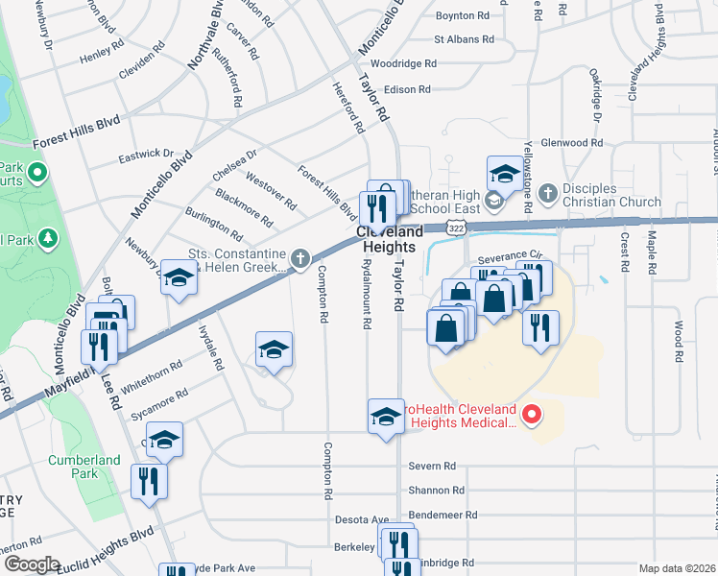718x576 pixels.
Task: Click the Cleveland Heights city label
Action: point(391,240)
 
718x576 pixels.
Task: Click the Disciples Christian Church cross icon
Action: point(548,194)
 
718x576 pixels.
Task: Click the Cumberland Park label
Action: point(85,467)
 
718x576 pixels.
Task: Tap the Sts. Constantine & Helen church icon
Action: point(300,257)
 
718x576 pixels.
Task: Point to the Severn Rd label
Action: point(431,466)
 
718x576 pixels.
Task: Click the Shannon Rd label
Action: point(436,490)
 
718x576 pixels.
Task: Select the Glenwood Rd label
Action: point(571,142)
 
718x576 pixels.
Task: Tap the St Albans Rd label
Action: point(464,40)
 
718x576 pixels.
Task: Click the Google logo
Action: point(31,564)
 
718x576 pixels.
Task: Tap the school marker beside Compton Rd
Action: point(274,351)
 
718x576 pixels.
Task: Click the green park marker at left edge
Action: point(37,174)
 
